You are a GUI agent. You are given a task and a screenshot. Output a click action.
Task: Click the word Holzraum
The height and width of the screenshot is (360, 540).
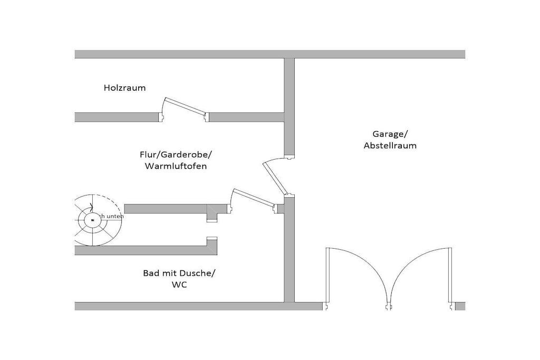pyautogui.click(x=124, y=88)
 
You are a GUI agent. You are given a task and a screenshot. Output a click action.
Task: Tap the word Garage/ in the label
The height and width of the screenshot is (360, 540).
pyautogui.click(x=390, y=134)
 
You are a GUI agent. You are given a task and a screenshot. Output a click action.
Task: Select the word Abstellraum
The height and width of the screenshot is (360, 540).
pyautogui.click(x=390, y=145)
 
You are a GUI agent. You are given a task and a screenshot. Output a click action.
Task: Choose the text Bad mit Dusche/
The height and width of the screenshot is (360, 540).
pyautogui.click(x=179, y=273)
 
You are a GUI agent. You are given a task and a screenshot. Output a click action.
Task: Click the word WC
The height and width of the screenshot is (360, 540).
pyautogui.click(x=179, y=285)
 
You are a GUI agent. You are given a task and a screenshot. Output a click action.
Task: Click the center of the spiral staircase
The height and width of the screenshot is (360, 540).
pyautogui.click(x=92, y=219)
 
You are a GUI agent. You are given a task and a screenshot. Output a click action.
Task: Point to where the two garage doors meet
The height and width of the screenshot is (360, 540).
pyautogui.click(x=390, y=304)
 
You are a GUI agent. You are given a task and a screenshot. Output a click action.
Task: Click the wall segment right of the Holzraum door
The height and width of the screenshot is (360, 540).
pyautogui.click(x=247, y=117)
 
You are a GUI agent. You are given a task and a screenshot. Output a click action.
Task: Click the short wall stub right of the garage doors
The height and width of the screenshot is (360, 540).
pyautogui.click(x=460, y=306)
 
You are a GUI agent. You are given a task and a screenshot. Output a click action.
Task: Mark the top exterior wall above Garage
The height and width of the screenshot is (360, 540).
pyautogui.click(x=380, y=54)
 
